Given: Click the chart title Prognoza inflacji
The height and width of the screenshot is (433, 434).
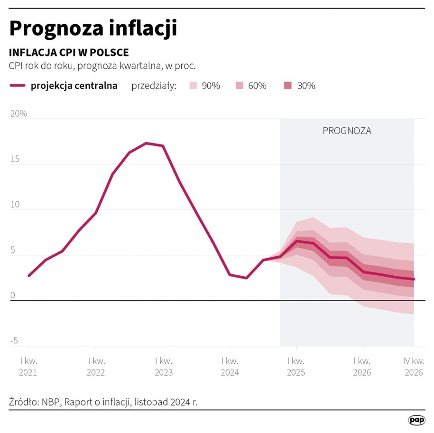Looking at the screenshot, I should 93,28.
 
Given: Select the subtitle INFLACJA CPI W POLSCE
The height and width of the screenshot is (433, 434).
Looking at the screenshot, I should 69,53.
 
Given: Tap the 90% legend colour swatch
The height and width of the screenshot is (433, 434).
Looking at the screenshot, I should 193,86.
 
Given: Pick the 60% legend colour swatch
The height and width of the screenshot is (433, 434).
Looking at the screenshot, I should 240,86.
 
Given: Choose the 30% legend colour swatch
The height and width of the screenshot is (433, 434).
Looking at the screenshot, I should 288,86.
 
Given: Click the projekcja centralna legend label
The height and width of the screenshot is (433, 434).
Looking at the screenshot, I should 74,86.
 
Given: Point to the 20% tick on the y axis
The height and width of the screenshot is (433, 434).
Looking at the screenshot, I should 18,114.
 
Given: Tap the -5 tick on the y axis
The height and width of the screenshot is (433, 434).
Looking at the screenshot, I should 14,341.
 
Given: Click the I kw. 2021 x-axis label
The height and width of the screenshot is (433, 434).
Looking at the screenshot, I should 28,366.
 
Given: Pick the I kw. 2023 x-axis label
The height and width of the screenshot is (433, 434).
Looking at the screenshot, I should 163,366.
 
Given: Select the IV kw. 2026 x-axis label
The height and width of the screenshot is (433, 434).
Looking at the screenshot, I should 413,366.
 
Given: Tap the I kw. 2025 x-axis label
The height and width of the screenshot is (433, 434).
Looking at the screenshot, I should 296,366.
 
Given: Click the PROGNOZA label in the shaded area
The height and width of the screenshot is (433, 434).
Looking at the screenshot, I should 347,131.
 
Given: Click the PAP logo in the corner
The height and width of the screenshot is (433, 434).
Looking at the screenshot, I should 416,420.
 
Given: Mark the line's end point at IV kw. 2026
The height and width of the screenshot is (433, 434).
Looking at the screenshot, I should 414,280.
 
